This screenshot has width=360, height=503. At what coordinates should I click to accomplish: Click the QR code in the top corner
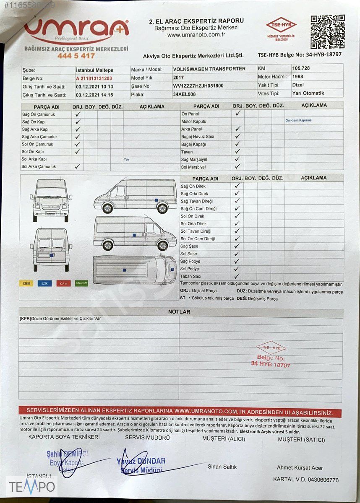tap(327, 32)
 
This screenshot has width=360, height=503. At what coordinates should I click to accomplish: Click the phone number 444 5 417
tap(76, 56)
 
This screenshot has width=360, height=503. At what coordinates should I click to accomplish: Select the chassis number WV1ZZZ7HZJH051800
tap(198, 86)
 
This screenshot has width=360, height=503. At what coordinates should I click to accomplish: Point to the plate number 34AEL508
tap(184, 94)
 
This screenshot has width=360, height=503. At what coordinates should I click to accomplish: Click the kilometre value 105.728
tap(301, 68)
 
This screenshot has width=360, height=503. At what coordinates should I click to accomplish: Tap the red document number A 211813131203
tap(94, 78)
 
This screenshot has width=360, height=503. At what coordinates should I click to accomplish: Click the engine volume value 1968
tap(297, 77)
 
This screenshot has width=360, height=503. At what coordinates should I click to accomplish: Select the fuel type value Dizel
tap(298, 85)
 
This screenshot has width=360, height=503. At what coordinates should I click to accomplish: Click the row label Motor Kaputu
tap(193, 121)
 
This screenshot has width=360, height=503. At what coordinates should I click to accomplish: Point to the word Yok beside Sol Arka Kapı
tap(126, 159)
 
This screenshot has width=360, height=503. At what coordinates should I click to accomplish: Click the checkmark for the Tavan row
tap(237, 152)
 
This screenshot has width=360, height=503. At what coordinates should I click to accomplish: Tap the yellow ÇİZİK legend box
tap(26, 283)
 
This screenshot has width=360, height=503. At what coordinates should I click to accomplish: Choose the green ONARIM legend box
tap(81, 283)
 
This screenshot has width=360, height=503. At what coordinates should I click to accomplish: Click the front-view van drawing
tap(51, 200)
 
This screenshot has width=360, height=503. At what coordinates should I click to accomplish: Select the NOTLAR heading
tap(179, 312)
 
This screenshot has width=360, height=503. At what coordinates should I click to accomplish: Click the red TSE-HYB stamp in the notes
tap(271, 355)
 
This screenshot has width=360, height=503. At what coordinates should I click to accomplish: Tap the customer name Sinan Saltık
tap(222, 467)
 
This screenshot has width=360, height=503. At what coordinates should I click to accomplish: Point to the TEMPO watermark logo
tap(32, 487)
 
